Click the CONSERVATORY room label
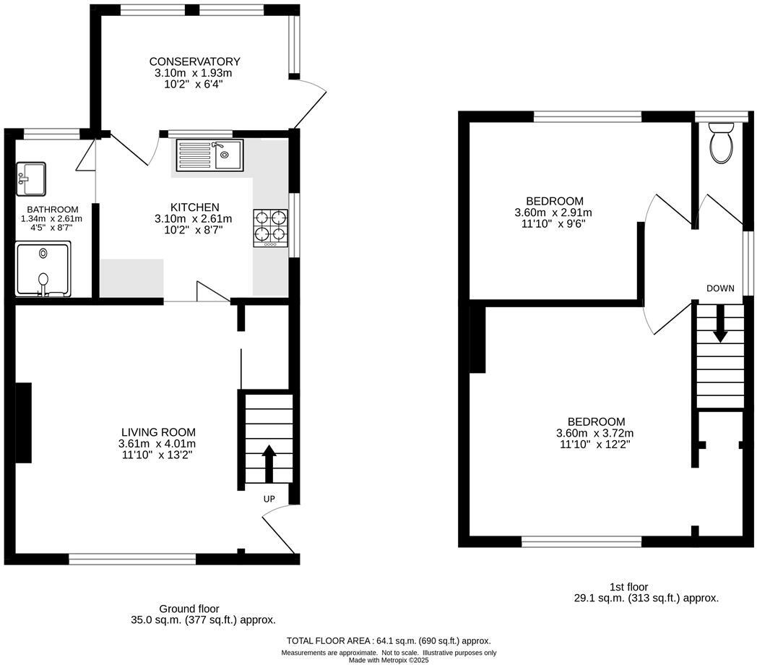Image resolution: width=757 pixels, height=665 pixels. click(194, 61)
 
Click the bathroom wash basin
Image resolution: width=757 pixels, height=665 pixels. click(31, 179)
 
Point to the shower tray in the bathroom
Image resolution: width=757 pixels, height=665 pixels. click(44, 269)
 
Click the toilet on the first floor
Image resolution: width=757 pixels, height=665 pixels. click(721, 142)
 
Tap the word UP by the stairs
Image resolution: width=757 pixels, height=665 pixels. click(269, 499)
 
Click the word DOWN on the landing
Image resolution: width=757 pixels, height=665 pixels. click(720, 288)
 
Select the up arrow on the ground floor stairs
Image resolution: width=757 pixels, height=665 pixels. click(269, 463)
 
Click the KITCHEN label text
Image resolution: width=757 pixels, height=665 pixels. click(194, 207)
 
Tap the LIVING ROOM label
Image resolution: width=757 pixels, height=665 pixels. click(157, 432)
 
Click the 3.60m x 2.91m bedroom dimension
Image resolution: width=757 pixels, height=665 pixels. click(554, 213)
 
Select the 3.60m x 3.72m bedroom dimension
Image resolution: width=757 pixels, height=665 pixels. click(595, 433)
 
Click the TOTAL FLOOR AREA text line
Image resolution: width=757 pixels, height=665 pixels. click(389, 641)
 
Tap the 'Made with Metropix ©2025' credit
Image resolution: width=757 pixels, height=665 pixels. click(389, 660)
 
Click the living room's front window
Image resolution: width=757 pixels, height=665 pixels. click(132, 558)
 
